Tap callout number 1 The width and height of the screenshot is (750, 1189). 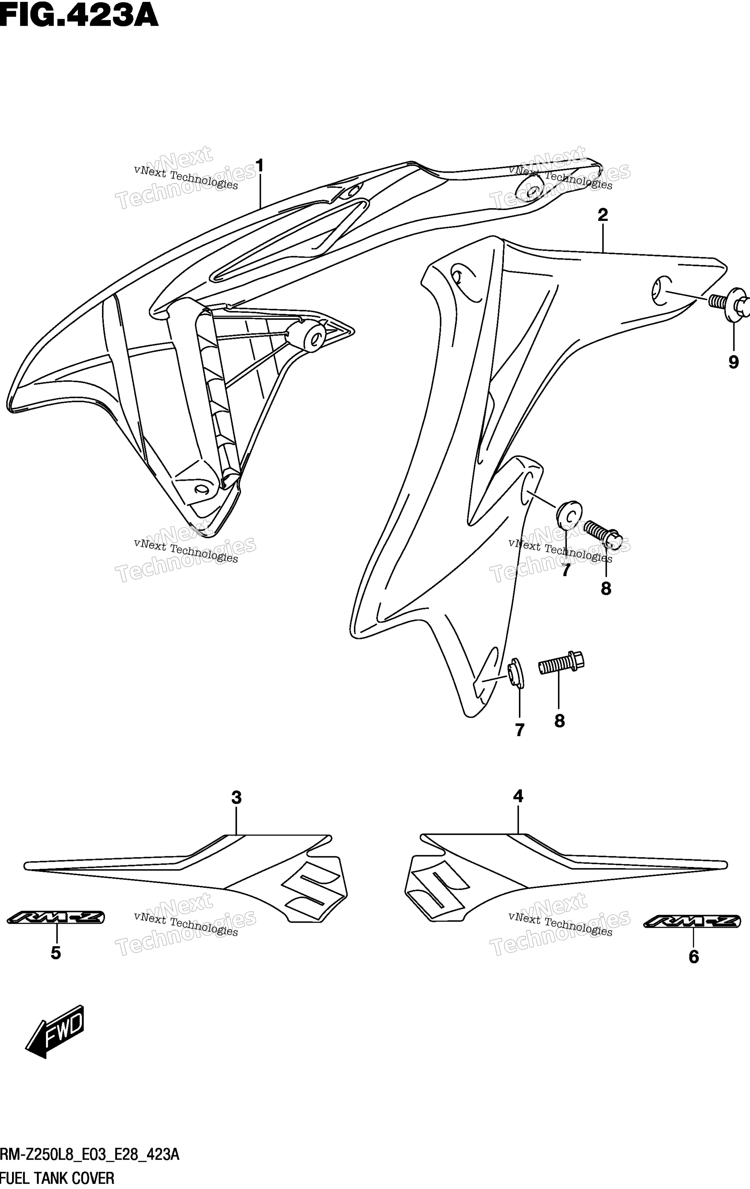click(259, 166)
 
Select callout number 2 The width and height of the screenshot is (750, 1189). click(602, 215)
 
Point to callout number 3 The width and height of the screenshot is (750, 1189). click(237, 798)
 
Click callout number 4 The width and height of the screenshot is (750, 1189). click(518, 796)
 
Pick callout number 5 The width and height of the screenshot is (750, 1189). click(56, 953)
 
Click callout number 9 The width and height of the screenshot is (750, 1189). click(734, 362)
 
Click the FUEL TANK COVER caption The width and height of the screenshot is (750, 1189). click(57, 1178)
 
